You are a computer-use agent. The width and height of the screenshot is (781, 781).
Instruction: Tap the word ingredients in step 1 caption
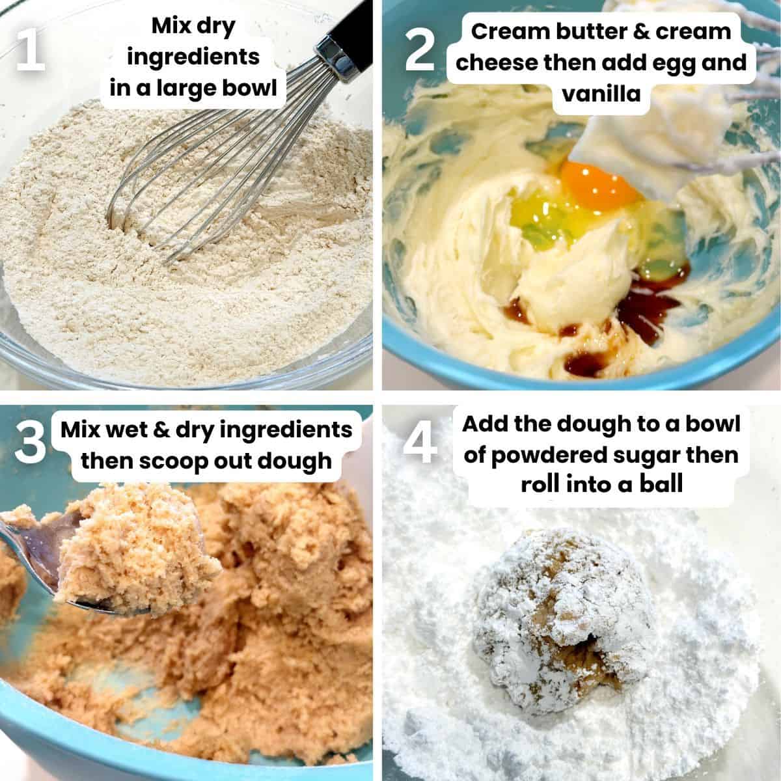click(x=193, y=57)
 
